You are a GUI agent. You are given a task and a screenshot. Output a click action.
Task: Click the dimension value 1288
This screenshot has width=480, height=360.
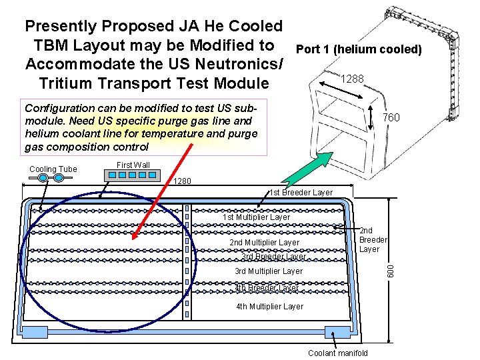click(352, 79)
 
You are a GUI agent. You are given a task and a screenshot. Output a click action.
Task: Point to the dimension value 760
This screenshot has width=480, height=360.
click(390, 118)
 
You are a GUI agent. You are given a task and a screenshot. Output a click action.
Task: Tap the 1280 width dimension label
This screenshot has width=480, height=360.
click(182, 181)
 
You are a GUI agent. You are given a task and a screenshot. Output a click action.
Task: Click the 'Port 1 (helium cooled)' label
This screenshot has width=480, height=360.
click(358, 49)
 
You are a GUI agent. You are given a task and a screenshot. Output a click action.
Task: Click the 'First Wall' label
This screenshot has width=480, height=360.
click(133, 165)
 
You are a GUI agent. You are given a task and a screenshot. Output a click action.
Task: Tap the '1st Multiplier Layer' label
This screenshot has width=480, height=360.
click(256, 217)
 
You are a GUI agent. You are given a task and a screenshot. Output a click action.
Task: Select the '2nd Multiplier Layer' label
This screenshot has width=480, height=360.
click(264, 243)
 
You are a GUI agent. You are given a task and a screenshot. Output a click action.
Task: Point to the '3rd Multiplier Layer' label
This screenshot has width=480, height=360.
click(268, 271)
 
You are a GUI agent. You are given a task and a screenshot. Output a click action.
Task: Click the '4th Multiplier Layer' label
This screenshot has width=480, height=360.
click(269, 307)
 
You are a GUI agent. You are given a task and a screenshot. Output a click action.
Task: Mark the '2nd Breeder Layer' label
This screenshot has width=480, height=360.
click(373, 240)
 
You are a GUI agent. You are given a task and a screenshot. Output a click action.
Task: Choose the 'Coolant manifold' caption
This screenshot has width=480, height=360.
click(337, 353)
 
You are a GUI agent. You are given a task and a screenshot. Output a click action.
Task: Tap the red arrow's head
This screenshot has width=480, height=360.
click(136, 234)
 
